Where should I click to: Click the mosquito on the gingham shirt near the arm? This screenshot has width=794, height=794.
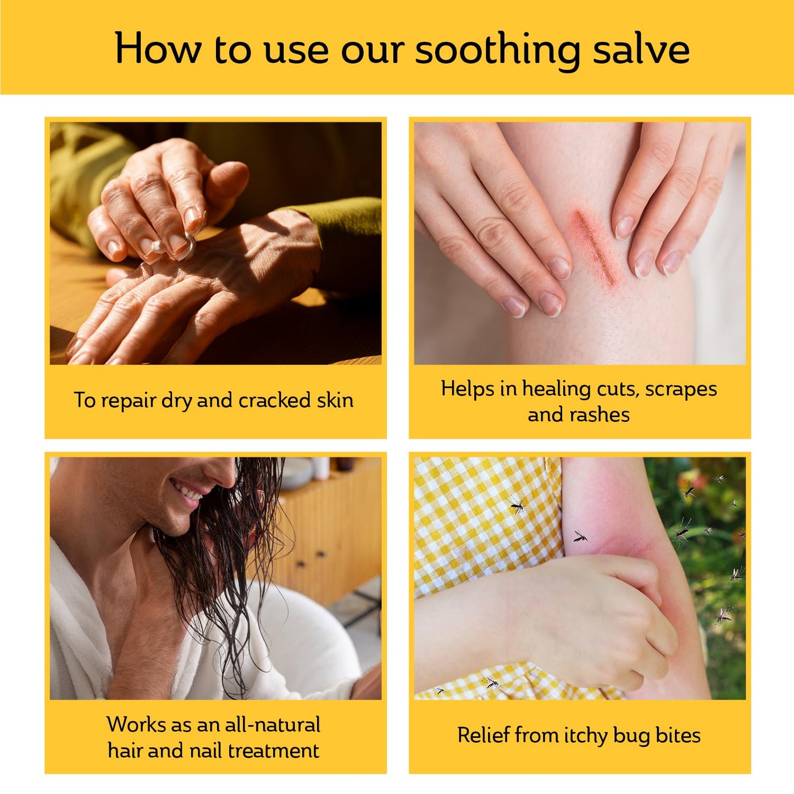tap(516, 504)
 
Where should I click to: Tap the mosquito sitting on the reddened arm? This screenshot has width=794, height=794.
tap(580, 536)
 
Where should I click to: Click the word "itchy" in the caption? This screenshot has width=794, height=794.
tap(582, 735)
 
